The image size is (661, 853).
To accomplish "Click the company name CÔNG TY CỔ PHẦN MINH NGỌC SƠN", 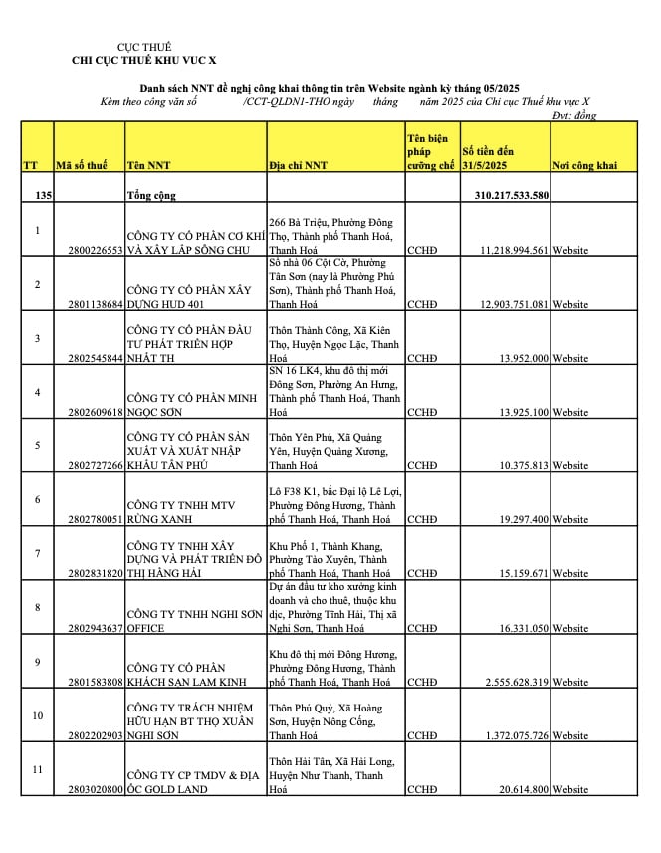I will tap(189, 404).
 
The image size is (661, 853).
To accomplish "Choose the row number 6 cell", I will tap(37, 499).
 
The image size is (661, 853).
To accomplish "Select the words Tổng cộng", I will tap(151, 195).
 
